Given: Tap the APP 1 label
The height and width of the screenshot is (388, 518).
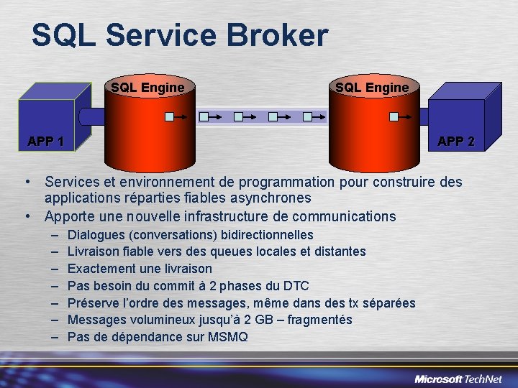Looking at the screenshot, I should [x=45, y=142].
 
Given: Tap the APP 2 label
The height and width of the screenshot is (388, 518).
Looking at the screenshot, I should [x=456, y=142].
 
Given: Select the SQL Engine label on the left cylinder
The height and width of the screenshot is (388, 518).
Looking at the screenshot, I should [x=147, y=88].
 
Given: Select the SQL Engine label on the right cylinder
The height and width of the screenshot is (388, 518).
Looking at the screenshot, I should [x=372, y=88].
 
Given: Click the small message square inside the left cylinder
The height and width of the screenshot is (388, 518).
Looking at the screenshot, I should [x=170, y=116].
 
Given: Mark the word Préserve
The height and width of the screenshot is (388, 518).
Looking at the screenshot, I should [x=94, y=302].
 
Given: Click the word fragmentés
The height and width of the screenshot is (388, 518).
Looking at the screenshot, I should [x=319, y=320].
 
